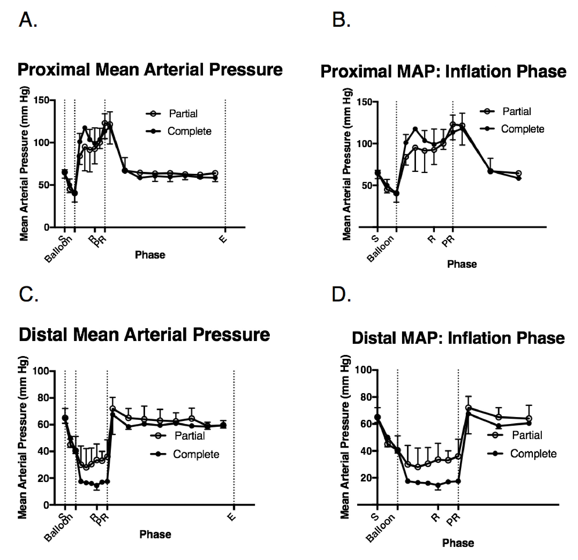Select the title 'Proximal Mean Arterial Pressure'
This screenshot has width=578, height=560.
click(150, 70)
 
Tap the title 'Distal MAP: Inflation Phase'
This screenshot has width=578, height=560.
click(458, 338)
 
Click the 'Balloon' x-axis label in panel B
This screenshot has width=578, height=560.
click(380, 249)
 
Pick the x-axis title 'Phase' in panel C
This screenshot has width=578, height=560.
click(155, 534)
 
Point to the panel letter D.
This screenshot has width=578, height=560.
click(341, 294)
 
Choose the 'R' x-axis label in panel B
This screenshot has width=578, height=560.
click(432, 239)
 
